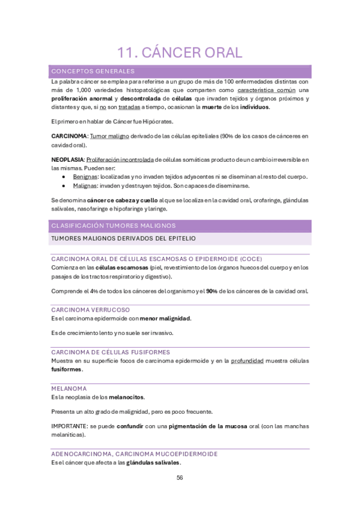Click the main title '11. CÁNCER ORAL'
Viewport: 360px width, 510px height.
tap(180, 52)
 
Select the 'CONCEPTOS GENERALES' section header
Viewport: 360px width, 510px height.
tap(93, 72)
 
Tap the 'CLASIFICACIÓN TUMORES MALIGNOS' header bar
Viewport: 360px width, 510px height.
tap(113, 226)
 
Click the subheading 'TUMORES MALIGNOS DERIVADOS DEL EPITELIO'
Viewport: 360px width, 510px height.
tap(123, 239)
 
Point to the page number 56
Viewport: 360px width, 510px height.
tap(180, 478)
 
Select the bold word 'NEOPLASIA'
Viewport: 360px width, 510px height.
tap(67, 159)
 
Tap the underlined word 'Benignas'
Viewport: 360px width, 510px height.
tap(85, 177)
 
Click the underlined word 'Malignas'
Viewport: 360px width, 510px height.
tap(85, 186)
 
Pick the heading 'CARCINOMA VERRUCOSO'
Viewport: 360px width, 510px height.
tap(90, 309)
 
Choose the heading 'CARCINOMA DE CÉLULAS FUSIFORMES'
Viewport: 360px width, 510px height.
tap(111, 352)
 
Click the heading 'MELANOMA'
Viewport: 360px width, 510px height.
tap(69, 389)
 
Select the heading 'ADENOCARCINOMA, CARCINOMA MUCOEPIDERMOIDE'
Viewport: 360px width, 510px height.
tap(135, 453)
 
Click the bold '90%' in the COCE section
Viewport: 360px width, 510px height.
tap(212, 291)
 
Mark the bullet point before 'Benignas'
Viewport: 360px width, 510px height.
tap(64, 177)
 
